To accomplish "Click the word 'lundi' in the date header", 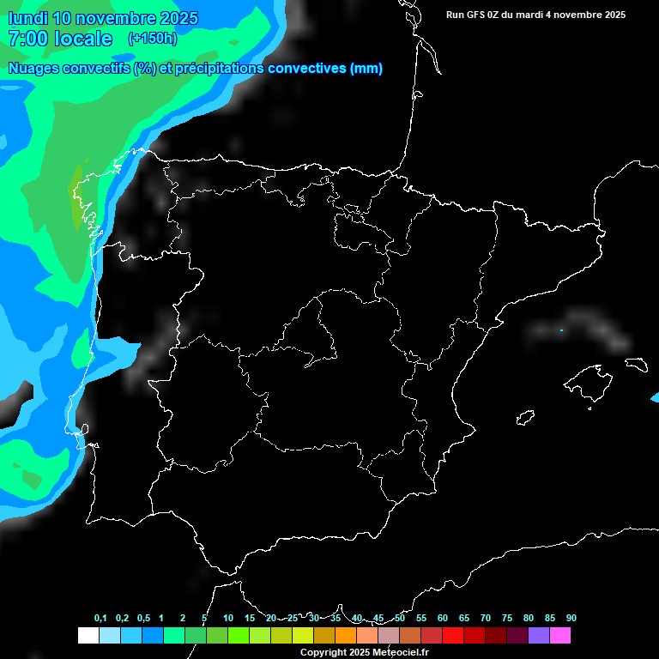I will (27, 18).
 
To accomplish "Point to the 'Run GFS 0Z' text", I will (476, 15).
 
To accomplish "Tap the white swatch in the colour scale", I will (88, 635).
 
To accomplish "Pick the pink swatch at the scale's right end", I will (559, 635).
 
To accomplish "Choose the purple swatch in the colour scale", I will (538, 635).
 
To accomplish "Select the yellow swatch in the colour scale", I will (302, 635).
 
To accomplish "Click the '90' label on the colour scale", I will (571, 619).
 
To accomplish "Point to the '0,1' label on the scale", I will (100, 619).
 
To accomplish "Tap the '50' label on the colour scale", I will (400, 619).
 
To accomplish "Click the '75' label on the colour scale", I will (507, 619).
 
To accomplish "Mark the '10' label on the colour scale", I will (228, 619).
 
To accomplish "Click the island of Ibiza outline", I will (525, 418).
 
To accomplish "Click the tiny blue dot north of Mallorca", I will (561, 330).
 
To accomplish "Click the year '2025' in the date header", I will (176, 18).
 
